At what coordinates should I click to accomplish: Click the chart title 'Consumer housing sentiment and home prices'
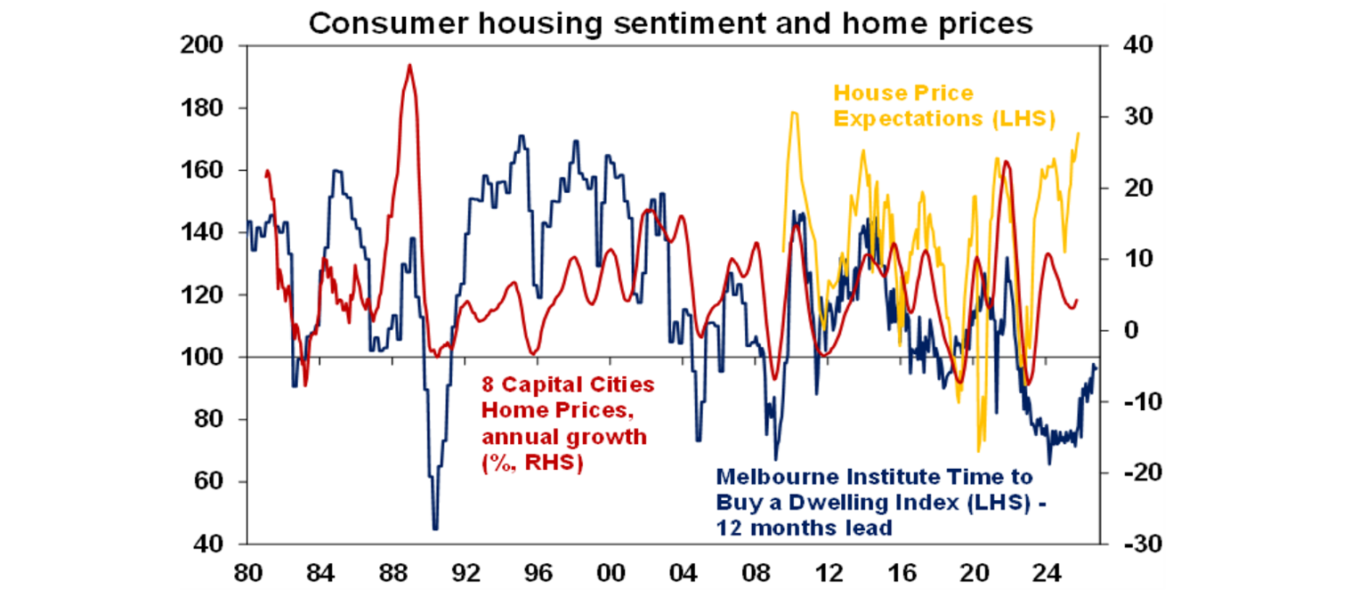(670, 22)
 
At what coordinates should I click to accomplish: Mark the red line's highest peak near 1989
(409, 65)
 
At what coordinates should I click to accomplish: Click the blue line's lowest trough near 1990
(435, 529)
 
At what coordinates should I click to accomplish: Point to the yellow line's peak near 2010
(794, 112)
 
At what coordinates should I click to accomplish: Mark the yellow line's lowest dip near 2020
(979, 451)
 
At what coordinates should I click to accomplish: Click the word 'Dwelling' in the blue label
(839, 501)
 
